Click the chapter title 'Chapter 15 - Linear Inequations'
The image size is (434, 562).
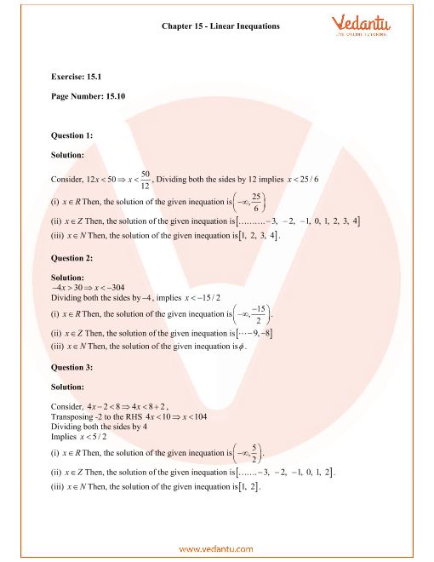pos(220,26)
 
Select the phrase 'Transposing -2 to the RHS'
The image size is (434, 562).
pos(93,417)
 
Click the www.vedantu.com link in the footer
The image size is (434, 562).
pos(217,548)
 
